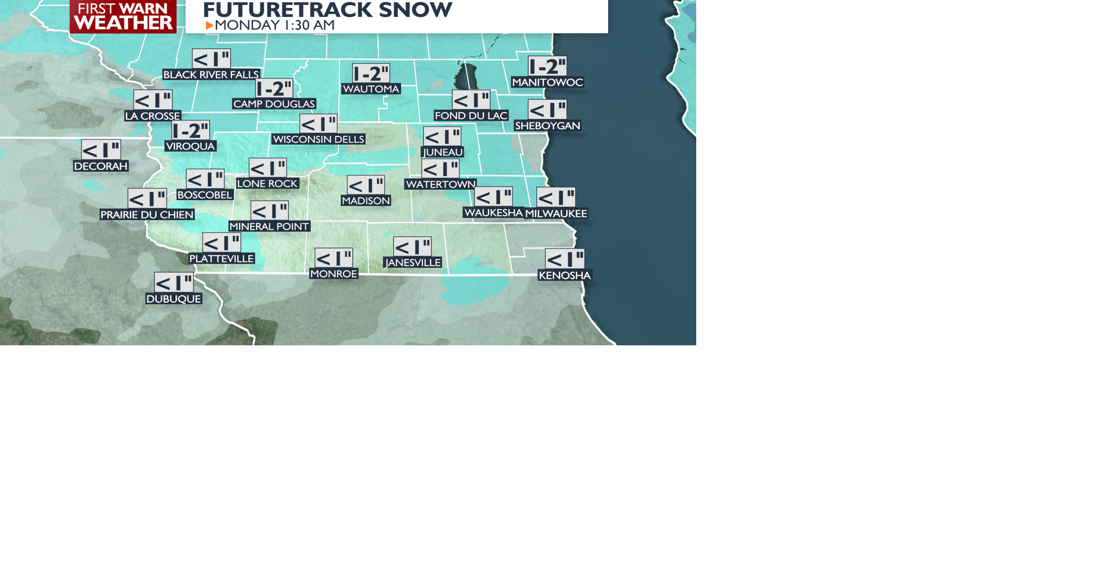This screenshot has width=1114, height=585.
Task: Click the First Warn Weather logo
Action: click(123, 16)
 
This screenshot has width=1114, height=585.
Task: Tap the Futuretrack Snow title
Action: click(327, 10)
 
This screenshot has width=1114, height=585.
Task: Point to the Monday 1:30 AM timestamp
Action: click(274, 25)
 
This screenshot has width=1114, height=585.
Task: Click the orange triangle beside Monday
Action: click(209, 26)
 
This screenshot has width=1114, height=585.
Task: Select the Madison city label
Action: click(366, 201)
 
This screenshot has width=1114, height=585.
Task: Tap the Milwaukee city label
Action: click(556, 214)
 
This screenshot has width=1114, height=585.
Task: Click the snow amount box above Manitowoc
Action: click(547, 66)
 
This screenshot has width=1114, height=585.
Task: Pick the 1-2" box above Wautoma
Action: click(371, 73)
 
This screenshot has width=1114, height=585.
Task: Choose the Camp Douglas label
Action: click(274, 104)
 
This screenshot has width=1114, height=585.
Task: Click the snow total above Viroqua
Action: click(190, 131)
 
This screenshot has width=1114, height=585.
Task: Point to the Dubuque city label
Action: click(173, 299)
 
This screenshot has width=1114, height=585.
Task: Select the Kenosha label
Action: click(565, 275)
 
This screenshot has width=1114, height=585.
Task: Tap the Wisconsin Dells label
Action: click(318, 139)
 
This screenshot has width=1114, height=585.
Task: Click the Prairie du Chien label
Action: click(147, 215)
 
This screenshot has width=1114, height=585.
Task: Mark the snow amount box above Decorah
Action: click(101, 150)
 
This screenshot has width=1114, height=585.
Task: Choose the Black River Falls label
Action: click(211, 74)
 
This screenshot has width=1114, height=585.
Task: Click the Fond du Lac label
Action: click(471, 115)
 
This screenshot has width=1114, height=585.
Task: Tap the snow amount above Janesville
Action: click(412, 247)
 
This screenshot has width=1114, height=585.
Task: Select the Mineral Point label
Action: click(269, 226)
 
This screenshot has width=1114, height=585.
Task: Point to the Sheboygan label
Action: click(547, 125)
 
